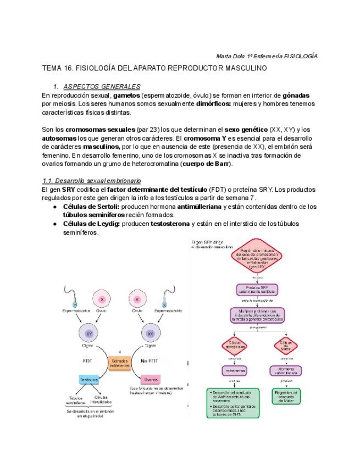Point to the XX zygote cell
pos(151,333)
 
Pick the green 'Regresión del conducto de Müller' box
pos(286,396)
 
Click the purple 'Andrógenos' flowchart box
pos(235,371)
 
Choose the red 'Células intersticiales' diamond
pos(235,346)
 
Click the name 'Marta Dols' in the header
pos(227,56)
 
